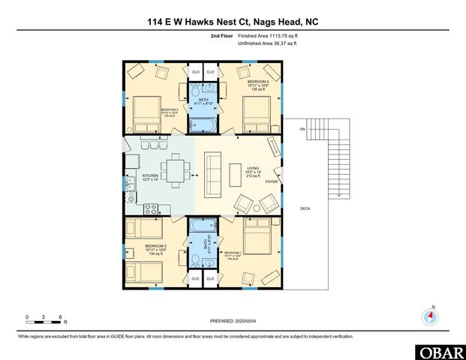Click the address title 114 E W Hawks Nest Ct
pyautogui.click(x=233, y=22)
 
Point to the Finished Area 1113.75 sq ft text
pyautogui.click(x=267, y=35)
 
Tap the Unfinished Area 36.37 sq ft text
pyautogui.click(x=267, y=43)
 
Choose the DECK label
pyautogui.click(x=305, y=208)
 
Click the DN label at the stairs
pyautogui.click(x=302, y=130)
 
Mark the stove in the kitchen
pyautogui.click(x=150, y=209)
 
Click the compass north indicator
pyautogui.click(x=431, y=316)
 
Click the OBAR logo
pyautogui.click(x=438, y=351)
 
